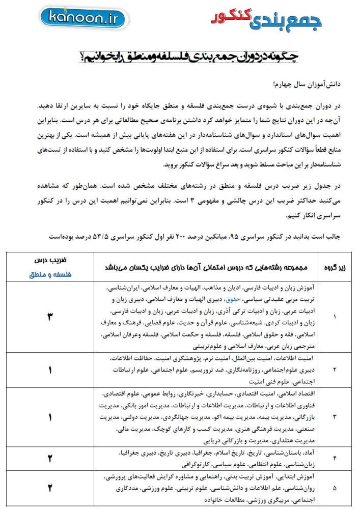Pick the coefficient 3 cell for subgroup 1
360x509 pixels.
(x=50, y=317)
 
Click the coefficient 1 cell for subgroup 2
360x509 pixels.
(x=50, y=371)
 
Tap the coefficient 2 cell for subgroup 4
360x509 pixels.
(x=50, y=458)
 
